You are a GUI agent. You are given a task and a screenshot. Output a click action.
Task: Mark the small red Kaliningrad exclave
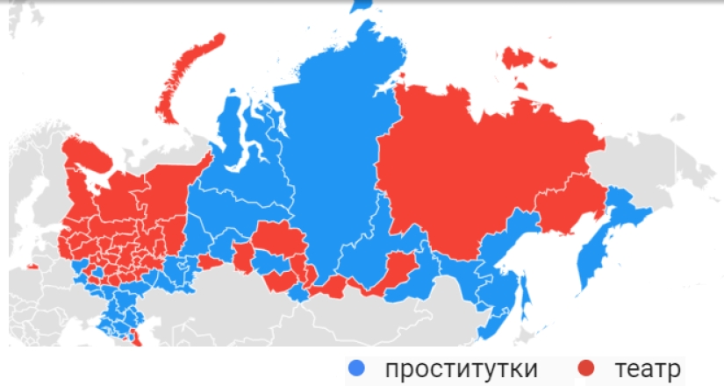[x=32, y=265]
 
